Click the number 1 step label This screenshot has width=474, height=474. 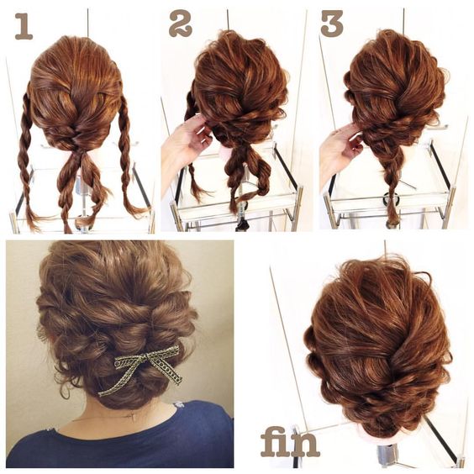pos(24,26)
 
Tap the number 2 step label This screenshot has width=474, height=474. pos(181,24)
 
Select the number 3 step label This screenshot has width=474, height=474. pos(332,24)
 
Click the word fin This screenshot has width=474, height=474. pos(290,442)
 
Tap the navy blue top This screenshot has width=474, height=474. pos(121,439)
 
